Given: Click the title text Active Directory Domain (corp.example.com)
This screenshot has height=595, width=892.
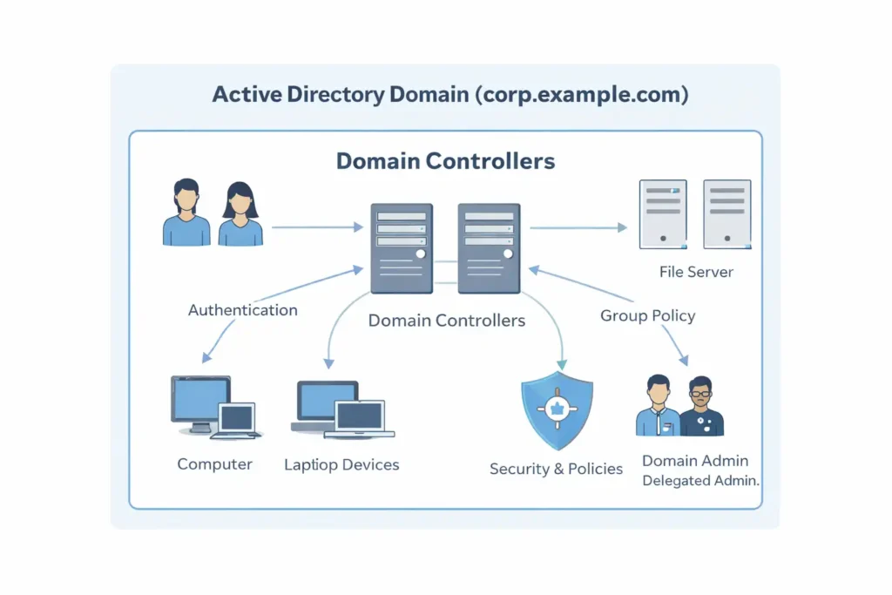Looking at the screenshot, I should (x=450, y=94).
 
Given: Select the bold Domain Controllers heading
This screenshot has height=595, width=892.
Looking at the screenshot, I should (x=445, y=161).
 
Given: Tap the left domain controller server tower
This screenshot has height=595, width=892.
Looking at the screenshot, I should (x=401, y=247).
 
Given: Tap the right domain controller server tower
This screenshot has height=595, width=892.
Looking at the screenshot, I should (x=489, y=247).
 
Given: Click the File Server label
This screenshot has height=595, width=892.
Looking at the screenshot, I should (x=696, y=272).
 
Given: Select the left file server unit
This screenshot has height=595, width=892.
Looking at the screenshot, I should (x=663, y=214).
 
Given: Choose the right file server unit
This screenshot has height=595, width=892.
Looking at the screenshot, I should (x=726, y=214).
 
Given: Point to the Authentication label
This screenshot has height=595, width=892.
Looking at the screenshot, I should (x=242, y=310).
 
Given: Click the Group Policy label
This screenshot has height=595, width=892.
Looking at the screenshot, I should (x=647, y=315).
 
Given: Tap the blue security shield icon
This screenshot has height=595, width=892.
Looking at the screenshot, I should (x=557, y=403).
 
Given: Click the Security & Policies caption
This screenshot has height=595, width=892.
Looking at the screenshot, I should (x=556, y=469).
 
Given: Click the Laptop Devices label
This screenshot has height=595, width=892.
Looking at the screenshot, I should (x=341, y=464).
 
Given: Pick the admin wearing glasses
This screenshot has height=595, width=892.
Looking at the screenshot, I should (x=701, y=406).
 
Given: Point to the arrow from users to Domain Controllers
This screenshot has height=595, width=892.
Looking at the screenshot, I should (x=317, y=227).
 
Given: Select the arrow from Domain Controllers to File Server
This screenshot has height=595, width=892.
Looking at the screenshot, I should (x=578, y=227).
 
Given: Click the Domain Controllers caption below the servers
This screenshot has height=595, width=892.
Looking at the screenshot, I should (x=446, y=321).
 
